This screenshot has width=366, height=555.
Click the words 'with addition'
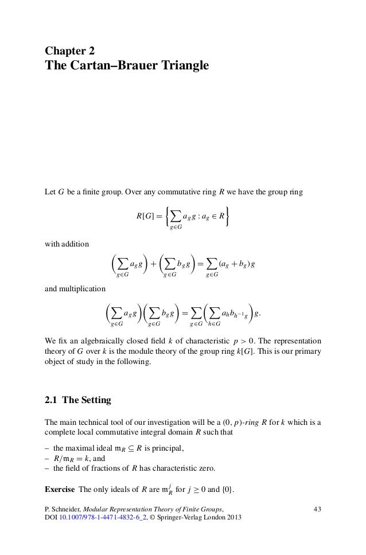click(x=67, y=244)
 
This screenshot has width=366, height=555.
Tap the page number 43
click(x=316, y=508)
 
